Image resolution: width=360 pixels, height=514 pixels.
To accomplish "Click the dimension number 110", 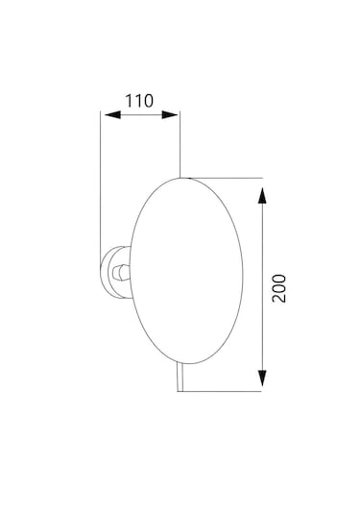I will point(140,99).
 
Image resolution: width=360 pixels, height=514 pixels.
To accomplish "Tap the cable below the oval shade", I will point(177,380).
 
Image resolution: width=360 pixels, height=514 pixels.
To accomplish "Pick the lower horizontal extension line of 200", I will point(221,391).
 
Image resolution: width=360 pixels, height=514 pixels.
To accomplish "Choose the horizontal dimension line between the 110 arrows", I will point(140,115).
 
